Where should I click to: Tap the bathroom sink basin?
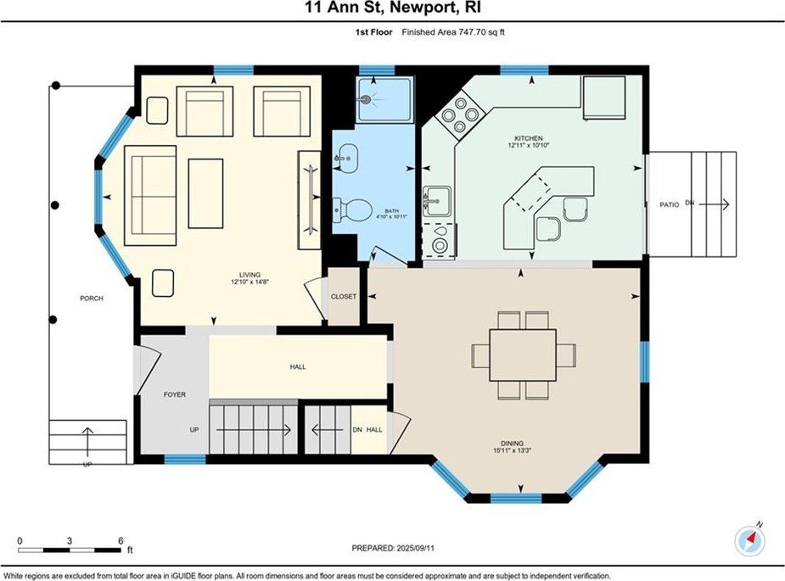(x=346, y=158)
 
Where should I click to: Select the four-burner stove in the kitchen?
(x=460, y=115)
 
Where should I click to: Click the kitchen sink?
(x=437, y=201)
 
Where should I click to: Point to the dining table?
(x=523, y=355)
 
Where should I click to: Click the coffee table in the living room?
(x=205, y=193)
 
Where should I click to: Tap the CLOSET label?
(x=344, y=297)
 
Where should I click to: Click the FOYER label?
(x=175, y=395)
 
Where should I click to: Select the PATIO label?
(x=670, y=204)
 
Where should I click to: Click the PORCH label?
(x=92, y=299)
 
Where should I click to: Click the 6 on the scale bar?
(x=121, y=540)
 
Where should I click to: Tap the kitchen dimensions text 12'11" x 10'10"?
(x=529, y=146)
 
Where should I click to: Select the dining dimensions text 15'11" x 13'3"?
(x=512, y=450)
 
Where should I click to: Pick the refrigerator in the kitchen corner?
(x=604, y=98)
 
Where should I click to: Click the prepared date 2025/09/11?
(x=415, y=549)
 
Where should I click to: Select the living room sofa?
(x=150, y=196)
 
